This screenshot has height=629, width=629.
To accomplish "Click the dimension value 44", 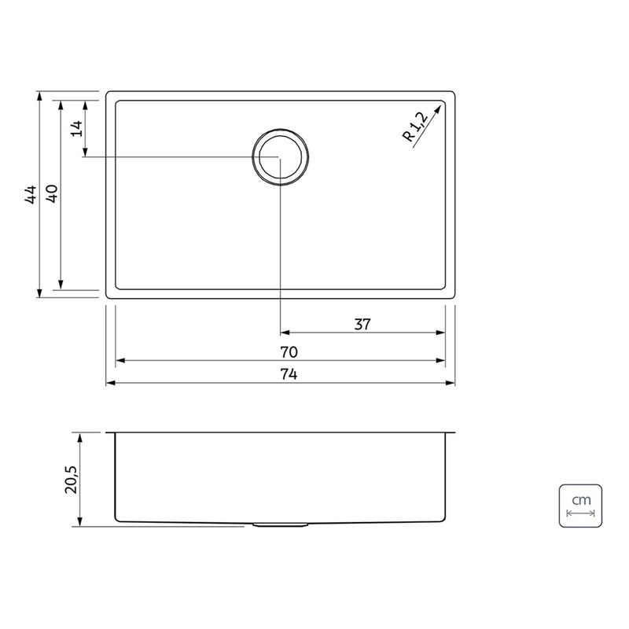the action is click(x=31, y=194).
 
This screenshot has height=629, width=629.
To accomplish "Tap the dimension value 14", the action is click(x=77, y=128).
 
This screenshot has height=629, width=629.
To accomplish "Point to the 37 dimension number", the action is click(x=362, y=324).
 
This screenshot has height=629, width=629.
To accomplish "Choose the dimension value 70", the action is click(x=289, y=352).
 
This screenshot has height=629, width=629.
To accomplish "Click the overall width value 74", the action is click(x=289, y=374).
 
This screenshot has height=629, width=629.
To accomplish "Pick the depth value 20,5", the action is click(x=72, y=480).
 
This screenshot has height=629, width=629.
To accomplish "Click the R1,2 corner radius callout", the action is click(x=416, y=127).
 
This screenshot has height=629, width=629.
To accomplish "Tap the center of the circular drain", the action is click(x=281, y=156).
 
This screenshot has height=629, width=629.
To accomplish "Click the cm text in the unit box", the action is click(x=581, y=500).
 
